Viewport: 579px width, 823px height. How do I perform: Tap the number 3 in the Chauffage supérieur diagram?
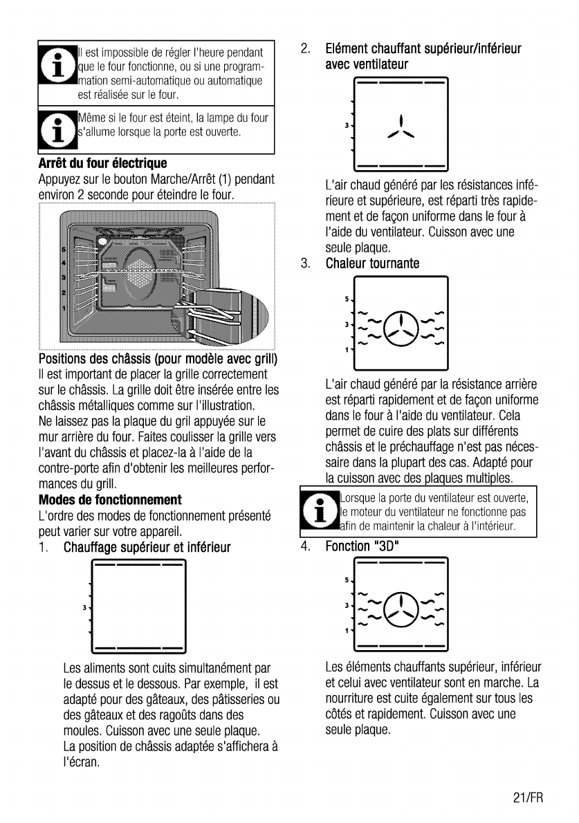click(x=84, y=608)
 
